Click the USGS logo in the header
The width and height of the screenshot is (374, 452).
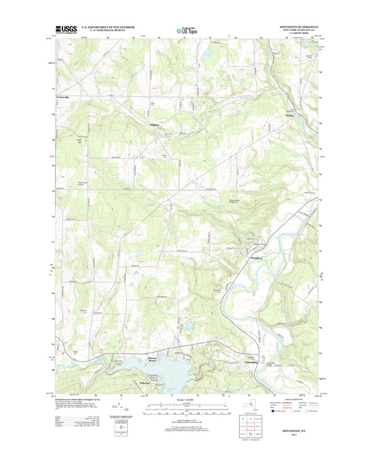click(x=66, y=29)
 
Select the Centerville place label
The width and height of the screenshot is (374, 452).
click(x=63, y=97)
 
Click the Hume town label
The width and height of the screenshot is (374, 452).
click(x=289, y=115)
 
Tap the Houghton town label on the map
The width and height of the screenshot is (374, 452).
click(x=257, y=258)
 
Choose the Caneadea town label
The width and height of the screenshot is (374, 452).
click(x=250, y=363)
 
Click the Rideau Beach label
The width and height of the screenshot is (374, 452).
click(x=152, y=360)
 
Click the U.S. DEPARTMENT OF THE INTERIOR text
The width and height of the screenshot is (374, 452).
click(x=108, y=27)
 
